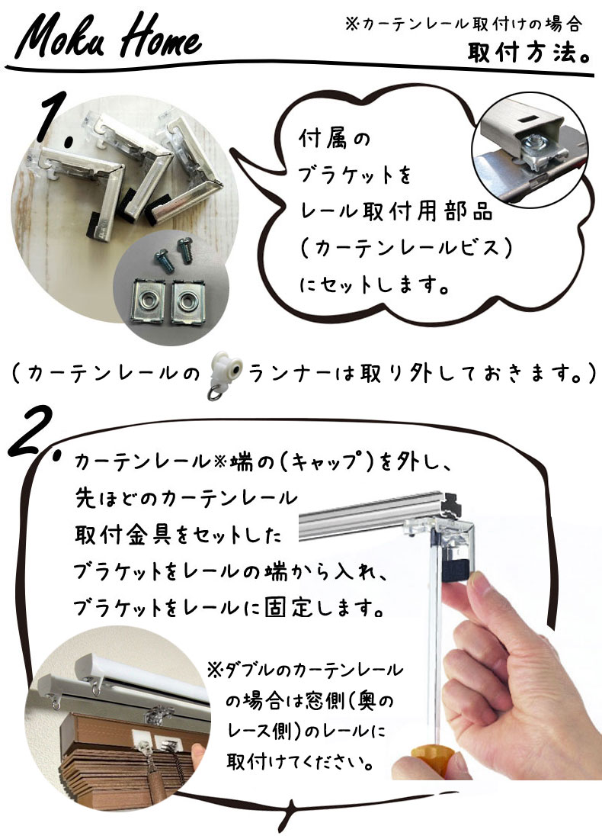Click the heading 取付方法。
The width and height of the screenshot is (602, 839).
click(x=530, y=52)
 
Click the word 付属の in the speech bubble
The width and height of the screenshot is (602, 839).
click(x=334, y=139)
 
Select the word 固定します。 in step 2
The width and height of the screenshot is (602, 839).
click(x=325, y=609)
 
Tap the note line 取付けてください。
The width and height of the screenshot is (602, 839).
click(x=299, y=761)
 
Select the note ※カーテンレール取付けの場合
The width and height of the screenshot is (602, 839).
click(x=463, y=24)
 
